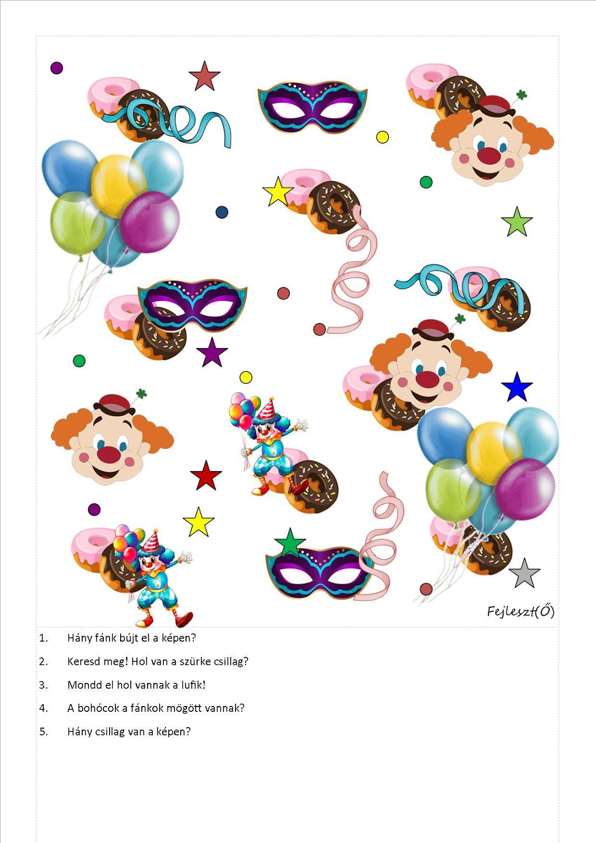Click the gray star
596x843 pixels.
tap(524, 574)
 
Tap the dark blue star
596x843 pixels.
tap(517, 387)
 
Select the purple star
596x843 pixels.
tap(212, 352)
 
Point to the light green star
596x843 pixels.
tap(517, 222)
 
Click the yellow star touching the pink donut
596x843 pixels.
tap(278, 192)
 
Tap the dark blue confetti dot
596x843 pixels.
tap(222, 212)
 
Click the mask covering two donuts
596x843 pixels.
tap(192, 305)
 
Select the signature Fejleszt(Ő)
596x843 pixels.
tap(521, 611)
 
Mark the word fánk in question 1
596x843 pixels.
tap(98, 638)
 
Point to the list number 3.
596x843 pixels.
tap(43, 684)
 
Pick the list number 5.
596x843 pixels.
tap(43, 732)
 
